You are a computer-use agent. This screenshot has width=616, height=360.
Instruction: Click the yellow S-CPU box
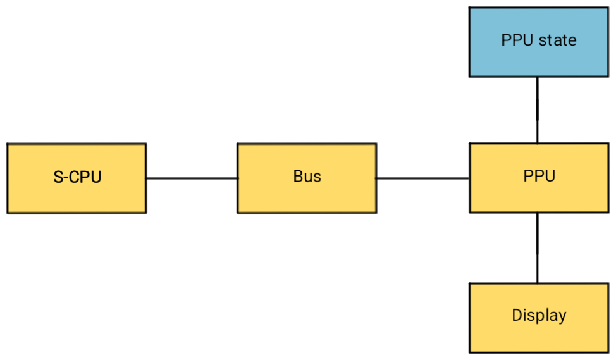pos(77,178)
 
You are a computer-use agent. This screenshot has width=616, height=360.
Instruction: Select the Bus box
pos(307,178)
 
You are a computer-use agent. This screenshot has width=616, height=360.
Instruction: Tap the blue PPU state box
pos(539,42)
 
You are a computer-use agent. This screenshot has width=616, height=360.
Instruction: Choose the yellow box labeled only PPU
pos(539,177)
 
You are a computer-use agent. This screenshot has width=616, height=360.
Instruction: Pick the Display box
pos(539,318)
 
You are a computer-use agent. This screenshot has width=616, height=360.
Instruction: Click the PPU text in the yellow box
pos(539,176)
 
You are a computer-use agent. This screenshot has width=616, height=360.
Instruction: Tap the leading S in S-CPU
pos(58,177)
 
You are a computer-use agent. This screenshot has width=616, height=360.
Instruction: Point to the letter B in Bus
pos(298,177)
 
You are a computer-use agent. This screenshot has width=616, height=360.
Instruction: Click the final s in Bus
pos(317,178)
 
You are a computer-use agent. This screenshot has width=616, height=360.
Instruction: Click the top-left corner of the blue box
pos(471,9)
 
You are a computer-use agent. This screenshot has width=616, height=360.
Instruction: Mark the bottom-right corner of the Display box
pos(607,351)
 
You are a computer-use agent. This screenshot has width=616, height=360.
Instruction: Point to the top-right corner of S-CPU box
pos(144,146)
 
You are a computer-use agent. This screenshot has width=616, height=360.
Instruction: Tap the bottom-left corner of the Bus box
pos(239,211)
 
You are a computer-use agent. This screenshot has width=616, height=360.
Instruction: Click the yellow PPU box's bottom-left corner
pos(471,211)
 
